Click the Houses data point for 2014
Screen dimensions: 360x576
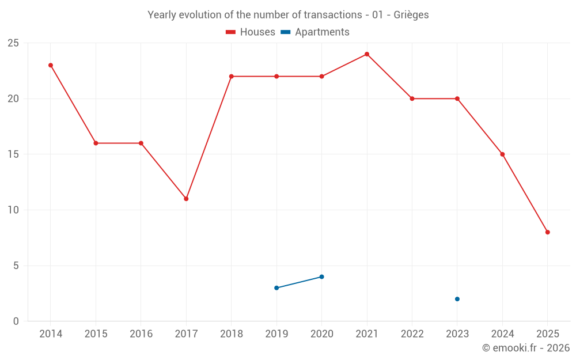pos(51,65)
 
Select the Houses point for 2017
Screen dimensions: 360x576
pos(186,199)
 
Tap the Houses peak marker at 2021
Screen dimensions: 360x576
pos(367,54)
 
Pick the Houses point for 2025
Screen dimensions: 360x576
pos(548,232)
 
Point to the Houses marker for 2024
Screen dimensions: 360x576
pos(502,154)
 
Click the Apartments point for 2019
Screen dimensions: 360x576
pos(276,288)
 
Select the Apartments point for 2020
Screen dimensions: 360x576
pos(321,276)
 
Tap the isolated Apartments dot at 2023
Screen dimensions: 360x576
pos(457,299)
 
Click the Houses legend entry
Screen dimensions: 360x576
pos(251,32)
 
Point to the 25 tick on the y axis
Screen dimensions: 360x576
pos(13,43)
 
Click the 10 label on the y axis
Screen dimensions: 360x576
pos(13,210)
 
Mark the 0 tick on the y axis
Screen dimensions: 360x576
pos(16,321)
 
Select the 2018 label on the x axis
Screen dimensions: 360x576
pos(231,334)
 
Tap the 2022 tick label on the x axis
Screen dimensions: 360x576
pos(412,334)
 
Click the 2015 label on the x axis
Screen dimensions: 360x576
pos(96,334)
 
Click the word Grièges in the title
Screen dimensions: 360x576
pos(411,15)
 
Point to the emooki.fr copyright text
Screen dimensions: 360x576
pos(526,348)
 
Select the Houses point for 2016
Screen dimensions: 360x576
pos(141,143)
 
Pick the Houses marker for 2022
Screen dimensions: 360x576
pos(412,98)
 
